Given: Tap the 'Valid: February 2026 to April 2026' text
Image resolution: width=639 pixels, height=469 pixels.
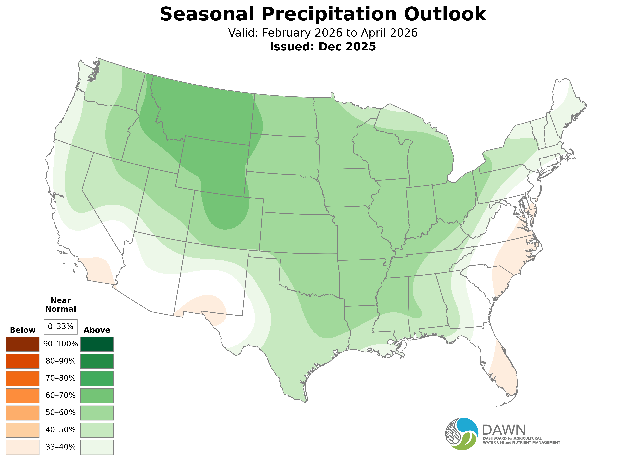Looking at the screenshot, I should click(323, 33).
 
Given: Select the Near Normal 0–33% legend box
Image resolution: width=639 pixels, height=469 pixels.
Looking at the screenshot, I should click(60, 327).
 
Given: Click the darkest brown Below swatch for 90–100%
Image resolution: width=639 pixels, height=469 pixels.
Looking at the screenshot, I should click(23, 344).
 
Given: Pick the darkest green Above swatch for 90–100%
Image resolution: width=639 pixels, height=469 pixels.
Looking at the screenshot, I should click(97, 344).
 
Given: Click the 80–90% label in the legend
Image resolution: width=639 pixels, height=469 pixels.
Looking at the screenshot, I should click(60, 361).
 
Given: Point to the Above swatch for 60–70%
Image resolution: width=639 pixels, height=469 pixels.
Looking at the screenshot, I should click(97, 396).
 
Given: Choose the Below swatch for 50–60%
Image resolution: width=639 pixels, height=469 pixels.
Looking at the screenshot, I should click(23, 413).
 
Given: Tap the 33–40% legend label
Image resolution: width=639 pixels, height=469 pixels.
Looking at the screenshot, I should click(60, 447).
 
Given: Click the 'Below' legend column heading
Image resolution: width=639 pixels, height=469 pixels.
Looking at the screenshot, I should click(23, 330).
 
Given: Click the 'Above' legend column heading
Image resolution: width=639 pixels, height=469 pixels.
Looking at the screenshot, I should click(97, 330).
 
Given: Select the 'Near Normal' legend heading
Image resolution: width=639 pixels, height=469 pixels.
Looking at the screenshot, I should click(60, 305).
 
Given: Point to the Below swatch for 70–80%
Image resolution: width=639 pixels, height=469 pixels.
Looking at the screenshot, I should click(23, 378).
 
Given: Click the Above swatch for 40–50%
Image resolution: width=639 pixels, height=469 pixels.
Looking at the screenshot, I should click(97, 430).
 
